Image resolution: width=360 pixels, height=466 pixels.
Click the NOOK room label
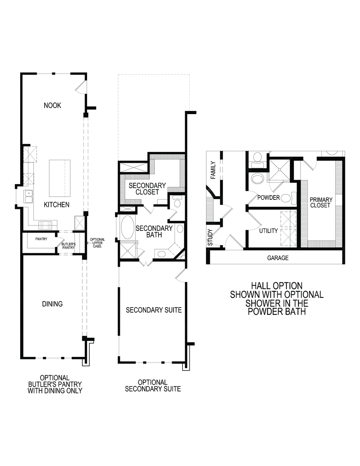click(53, 106)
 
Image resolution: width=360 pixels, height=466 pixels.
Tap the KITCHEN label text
click(57, 205)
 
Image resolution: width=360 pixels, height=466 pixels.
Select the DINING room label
click(53, 304)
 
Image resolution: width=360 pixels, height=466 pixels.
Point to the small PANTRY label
click(41, 239)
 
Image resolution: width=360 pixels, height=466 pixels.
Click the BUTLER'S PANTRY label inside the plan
click(68, 246)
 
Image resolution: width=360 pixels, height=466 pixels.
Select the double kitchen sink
click(28, 197)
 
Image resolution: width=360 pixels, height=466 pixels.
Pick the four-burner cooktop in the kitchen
click(45, 225)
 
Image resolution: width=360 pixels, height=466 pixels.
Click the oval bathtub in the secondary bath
click(127, 228)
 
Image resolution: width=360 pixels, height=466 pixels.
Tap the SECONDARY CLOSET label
click(147, 189)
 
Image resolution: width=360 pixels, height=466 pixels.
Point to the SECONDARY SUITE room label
click(154, 310)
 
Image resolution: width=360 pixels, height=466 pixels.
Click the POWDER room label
click(269, 198)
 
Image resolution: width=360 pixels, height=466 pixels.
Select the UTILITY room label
click(269, 231)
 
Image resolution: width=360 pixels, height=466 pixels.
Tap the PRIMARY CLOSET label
click(320, 202)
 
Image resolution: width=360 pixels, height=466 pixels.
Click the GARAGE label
click(278, 258)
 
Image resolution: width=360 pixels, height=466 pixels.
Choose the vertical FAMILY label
click(213, 170)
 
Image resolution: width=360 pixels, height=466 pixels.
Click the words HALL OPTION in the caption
click(276, 286)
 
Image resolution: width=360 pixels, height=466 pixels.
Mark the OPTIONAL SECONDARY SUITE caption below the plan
click(153, 385)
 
